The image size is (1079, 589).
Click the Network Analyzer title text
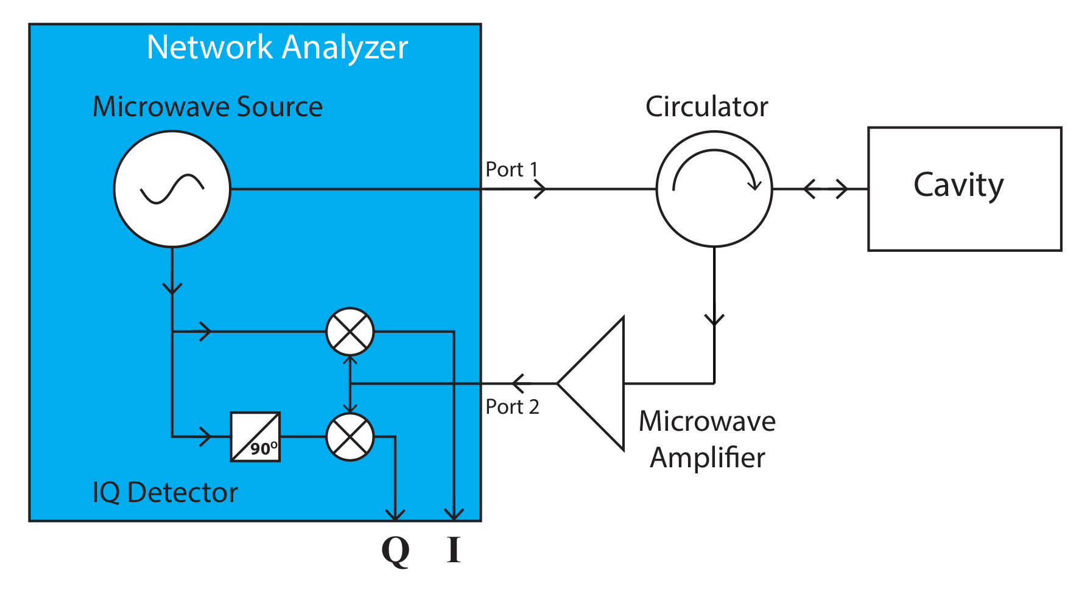[277, 47]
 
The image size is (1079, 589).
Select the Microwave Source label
[207, 106]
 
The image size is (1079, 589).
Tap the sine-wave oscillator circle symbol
[172, 189]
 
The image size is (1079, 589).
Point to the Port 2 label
[512, 406]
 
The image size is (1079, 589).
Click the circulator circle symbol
[714, 189]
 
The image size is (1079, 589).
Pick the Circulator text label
[706, 106]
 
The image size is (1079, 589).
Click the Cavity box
[965, 189]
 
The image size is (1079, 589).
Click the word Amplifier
[707, 458]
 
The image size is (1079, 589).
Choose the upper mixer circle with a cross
[350, 332]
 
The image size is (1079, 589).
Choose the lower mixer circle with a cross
[350, 437]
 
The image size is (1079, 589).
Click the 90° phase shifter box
[255, 437]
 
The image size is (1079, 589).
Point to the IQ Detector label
[164, 492]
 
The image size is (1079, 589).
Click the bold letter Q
[395, 551]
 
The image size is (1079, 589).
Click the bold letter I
[454, 549]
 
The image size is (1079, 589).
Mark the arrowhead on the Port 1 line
[540, 189]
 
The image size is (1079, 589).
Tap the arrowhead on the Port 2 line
[518, 383]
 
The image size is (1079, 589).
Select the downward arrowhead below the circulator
[714, 319]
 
